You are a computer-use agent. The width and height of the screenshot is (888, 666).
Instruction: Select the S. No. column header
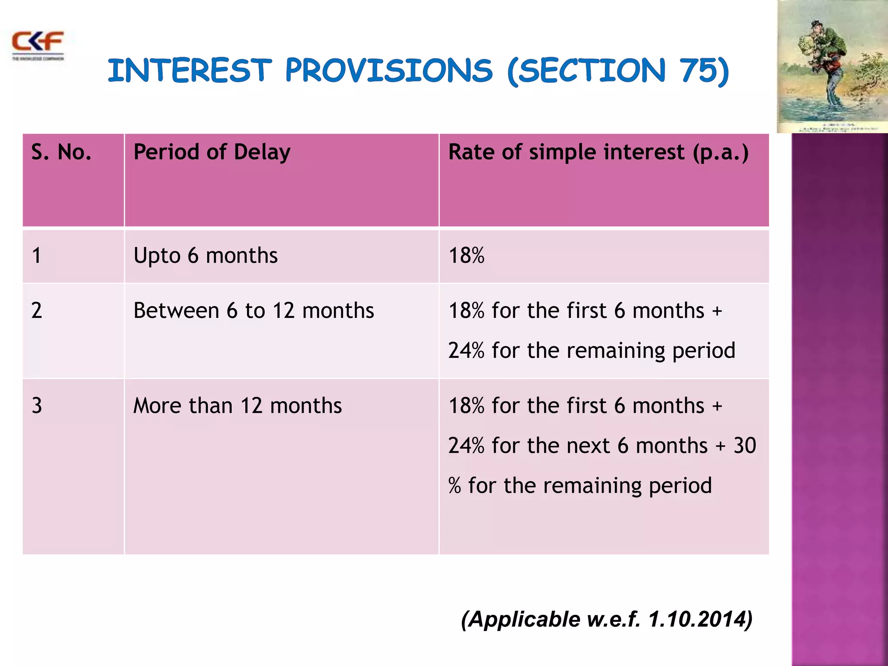coord(61,153)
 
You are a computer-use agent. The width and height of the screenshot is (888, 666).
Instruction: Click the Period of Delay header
coord(212,153)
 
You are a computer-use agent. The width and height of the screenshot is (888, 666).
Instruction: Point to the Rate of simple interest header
coord(598,153)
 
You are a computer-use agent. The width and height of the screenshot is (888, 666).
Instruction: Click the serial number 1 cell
coord(37,255)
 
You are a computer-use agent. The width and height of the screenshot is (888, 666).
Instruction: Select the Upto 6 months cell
coord(206,255)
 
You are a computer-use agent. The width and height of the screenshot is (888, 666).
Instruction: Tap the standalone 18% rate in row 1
coord(466,255)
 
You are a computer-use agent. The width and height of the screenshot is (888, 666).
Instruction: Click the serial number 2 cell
coord(37,311)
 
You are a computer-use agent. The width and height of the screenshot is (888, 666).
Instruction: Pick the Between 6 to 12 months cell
coord(254,311)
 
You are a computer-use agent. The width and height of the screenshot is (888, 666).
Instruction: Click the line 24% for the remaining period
coord(591,350)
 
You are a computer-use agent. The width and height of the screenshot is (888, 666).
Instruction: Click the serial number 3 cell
coord(37,406)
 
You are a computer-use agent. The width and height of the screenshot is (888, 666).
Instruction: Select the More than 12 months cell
coord(237,406)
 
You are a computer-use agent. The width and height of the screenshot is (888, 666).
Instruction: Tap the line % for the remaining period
coord(580,486)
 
